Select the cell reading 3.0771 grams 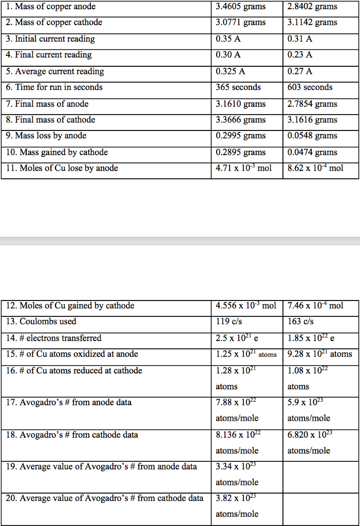[x=241, y=23]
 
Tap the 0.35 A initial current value [x=229, y=39]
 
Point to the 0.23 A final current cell [x=300, y=55]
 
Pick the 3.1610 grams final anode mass [x=241, y=104]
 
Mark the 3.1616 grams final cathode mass [x=313, y=120]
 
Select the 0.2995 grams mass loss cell [x=241, y=136]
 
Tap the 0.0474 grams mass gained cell [x=313, y=152]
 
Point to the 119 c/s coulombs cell [x=228, y=322]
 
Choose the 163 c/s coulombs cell [x=300, y=322]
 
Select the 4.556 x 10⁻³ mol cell [x=246, y=306]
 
